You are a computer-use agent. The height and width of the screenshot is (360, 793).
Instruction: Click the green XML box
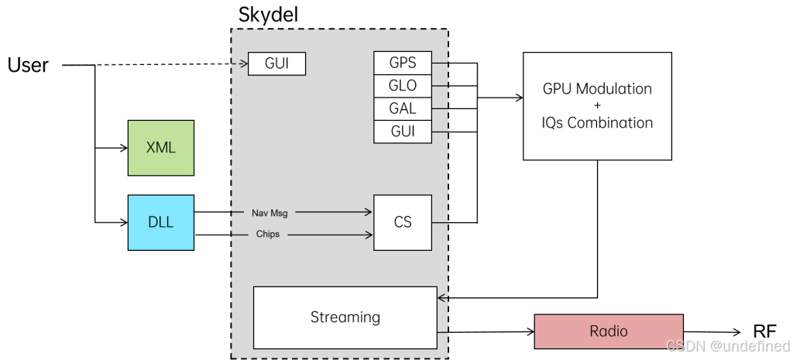coord(161,148)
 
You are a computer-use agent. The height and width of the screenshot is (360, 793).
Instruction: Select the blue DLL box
coord(161,222)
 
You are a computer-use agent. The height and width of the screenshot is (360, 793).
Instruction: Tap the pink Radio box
coord(609,331)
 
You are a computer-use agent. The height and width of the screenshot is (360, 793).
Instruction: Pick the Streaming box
coord(345,317)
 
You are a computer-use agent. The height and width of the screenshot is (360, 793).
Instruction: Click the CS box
coord(403,222)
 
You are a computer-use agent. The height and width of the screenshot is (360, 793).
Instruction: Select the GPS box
coord(403,63)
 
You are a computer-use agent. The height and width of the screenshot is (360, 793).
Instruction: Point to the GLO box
coord(403,86)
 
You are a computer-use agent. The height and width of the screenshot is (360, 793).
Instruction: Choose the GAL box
coord(403,108)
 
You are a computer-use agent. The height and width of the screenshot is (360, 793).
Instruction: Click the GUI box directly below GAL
coord(403,132)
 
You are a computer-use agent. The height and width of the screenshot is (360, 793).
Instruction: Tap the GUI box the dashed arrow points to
coord(276,63)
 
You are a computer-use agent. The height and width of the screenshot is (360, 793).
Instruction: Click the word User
coord(29,65)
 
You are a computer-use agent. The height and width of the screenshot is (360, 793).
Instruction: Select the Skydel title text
coord(268,15)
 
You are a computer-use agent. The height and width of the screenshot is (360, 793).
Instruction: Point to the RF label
coord(764,331)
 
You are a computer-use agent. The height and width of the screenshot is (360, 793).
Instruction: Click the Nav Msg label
coord(269,213)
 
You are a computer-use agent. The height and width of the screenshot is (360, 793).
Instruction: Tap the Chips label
coord(267,234)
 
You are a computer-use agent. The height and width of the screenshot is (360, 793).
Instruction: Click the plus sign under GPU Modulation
coord(597,105)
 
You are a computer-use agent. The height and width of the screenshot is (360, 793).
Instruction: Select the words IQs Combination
coord(597,122)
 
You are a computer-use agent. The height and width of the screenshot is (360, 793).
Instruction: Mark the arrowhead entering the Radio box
coord(531,331)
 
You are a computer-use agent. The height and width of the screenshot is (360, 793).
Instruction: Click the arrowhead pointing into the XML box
coord(124,148)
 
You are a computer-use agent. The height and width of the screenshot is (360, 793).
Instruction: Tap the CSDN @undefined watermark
coord(728,346)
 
